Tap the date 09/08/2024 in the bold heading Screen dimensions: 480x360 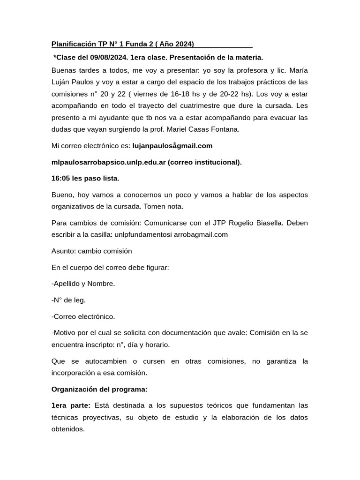(x=104, y=58)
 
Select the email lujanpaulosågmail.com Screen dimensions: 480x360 (x=172, y=146)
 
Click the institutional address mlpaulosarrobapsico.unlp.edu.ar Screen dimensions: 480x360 (x=108, y=162)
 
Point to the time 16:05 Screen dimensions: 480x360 (x=60, y=178)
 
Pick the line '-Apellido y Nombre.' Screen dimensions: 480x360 (x=83, y=284)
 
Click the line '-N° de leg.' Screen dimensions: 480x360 (x=68, y=300)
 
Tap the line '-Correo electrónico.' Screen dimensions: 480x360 (x=83, y=316)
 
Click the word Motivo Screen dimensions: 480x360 (x=66, y=333)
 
